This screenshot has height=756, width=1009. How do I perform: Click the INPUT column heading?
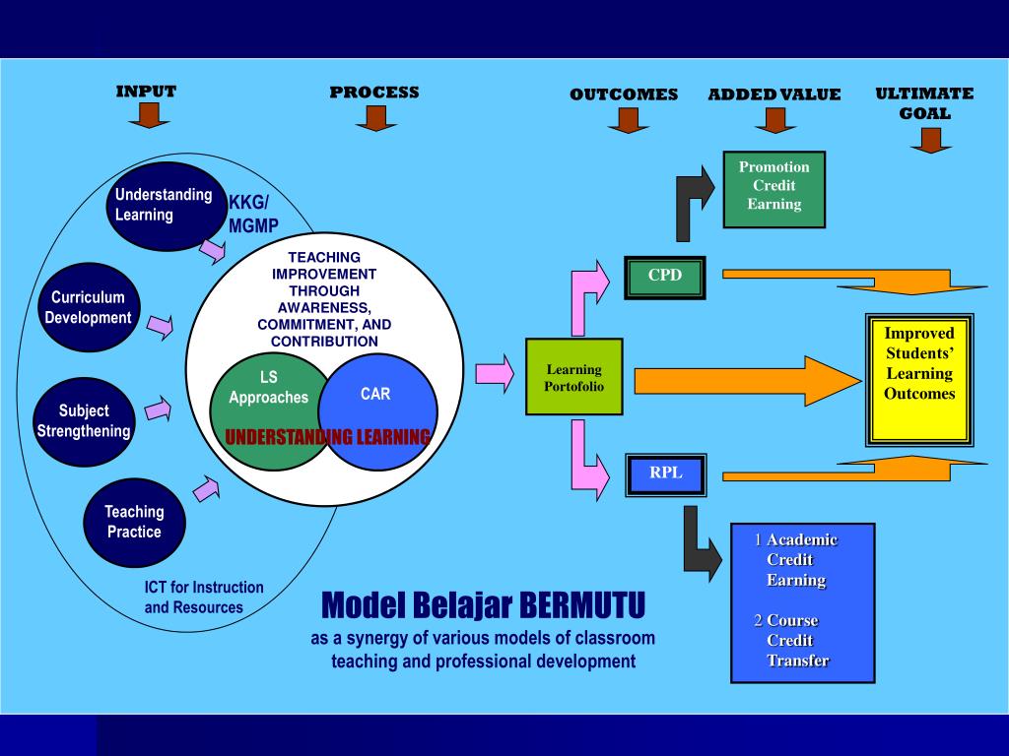(x=146, y=92)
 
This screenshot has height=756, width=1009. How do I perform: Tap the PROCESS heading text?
(x=374, y=93)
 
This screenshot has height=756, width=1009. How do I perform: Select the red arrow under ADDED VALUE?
(x=775, y=120)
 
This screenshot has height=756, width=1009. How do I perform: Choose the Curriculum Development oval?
(x=89, y=307)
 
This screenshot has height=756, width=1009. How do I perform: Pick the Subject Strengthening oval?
(x=84, y=420)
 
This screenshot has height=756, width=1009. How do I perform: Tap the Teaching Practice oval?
(x=134, y=522)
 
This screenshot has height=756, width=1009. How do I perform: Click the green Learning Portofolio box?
(x=573, y=377)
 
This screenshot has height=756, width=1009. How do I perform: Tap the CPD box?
(x=665, y=276)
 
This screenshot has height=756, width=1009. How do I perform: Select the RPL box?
(x=665, y=473)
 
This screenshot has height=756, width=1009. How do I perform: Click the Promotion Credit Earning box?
(x=774, y=186)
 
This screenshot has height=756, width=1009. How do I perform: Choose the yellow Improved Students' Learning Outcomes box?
(x=918, y=379)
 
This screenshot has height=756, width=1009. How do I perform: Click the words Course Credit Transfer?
(x=794, y=641)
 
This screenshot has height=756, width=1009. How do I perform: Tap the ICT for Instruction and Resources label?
(x=204, y=598)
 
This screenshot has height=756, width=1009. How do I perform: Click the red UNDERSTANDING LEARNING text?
(x=327, y=437)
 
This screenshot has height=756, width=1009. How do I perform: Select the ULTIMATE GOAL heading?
(x=923, y=102)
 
